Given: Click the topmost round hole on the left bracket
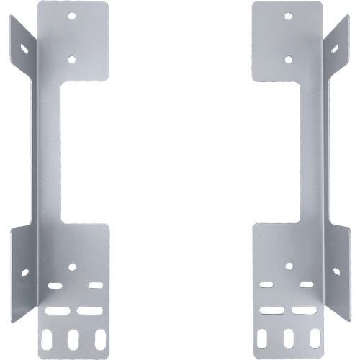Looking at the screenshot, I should coord(72,14).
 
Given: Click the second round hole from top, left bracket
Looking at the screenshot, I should coord(72,60).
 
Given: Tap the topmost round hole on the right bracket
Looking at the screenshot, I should coord(287,14).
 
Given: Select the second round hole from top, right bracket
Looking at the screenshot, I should coord(287,60).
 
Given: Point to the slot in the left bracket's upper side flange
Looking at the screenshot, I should coord(24,48).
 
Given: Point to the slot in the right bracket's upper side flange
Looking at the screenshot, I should coord(336,48).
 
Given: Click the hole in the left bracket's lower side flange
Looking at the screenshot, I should coord(24,273).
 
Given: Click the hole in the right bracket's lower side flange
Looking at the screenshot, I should coord(336,273).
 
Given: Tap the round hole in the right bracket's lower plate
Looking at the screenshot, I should coord(287,266).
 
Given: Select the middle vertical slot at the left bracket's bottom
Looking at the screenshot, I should coord(72,338).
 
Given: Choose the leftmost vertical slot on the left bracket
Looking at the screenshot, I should coord(50,338).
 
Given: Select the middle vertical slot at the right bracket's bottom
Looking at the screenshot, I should coord(287,338).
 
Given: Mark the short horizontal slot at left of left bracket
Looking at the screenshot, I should coord(55,286).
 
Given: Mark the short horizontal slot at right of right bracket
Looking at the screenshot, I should coord(305,286).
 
